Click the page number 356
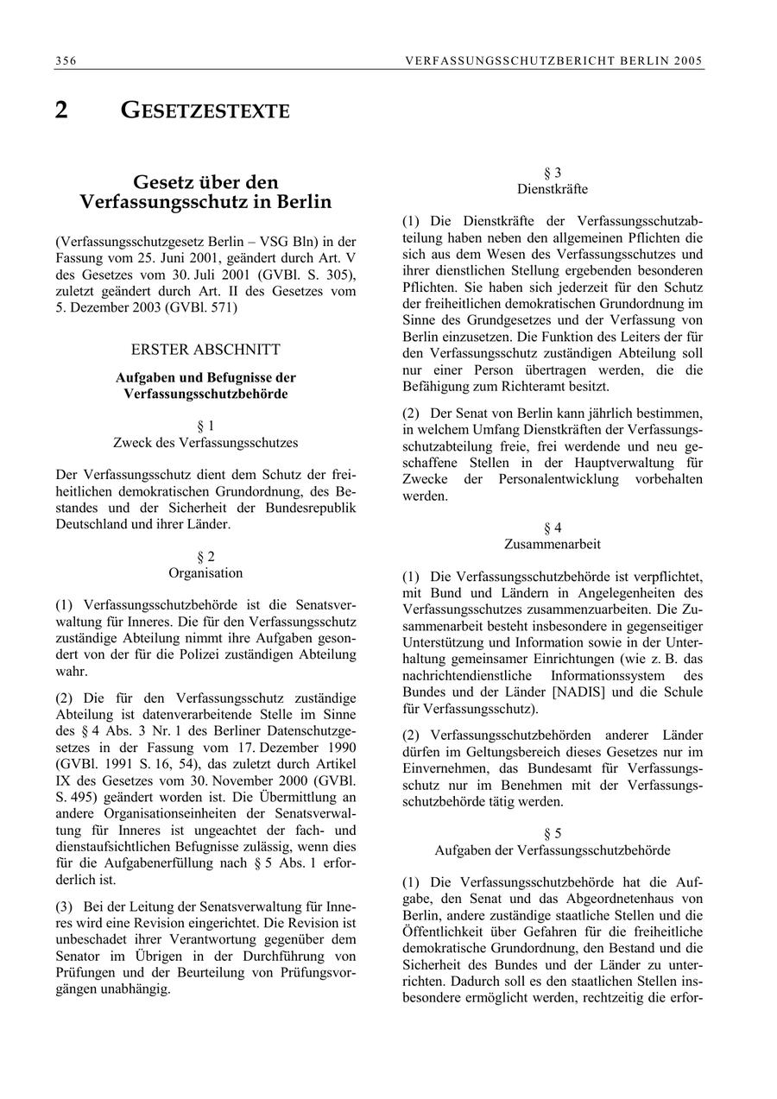coord(65,60)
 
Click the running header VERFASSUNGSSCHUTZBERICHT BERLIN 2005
coord(553,60)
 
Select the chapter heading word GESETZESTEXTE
coord(205,111)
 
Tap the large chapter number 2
coord(61,111)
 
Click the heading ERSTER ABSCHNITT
coord(205,350)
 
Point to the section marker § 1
coord(205,426)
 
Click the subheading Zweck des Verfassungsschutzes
coord(205,443)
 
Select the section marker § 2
coord(205,556)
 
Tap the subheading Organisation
coord(205,573)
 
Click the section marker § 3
coord(553,173)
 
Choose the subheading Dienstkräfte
coord(553,189)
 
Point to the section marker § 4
coord(553,527)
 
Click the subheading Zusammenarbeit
coord(553,545)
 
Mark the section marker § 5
coord(553,833)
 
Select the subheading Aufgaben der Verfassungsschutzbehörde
coord(553,850)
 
